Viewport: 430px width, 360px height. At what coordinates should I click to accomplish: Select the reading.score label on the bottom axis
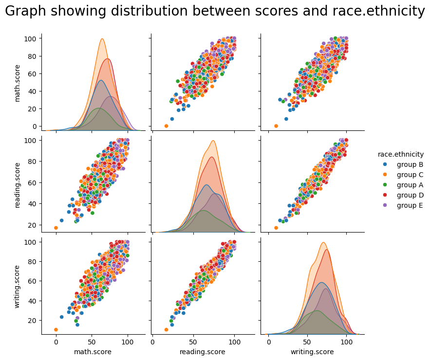click(x=202, y=352)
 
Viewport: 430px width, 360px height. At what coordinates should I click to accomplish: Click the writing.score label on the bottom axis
click(x=312, y=352)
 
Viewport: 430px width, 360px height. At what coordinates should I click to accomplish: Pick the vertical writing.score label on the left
click(x=18, y=287)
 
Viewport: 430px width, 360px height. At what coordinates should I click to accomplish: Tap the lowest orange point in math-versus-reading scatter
click(x=166, y=126)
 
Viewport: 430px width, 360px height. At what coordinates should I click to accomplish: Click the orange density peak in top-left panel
click(x=102, y=39)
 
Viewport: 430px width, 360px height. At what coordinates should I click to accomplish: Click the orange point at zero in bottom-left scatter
click(x=56, y=330)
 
